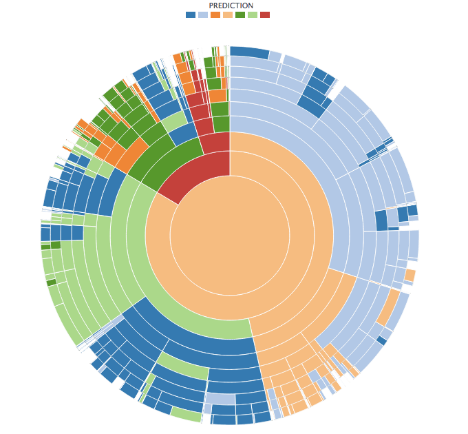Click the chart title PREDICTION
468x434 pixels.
coord(231,6)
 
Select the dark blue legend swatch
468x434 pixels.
coord(191,14)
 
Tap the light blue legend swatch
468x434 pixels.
coord(203,14)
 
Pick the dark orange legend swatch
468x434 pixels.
coord(215,14)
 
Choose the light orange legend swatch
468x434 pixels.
coord(228,14)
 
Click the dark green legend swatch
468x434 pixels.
coord(240,14)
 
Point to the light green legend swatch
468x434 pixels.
coord(253,14)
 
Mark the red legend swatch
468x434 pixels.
coord(265,14)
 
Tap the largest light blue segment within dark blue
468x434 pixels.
coord(220,399)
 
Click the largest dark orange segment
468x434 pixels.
coord(131,154)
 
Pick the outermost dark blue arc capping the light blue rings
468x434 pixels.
coord(249,52)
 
